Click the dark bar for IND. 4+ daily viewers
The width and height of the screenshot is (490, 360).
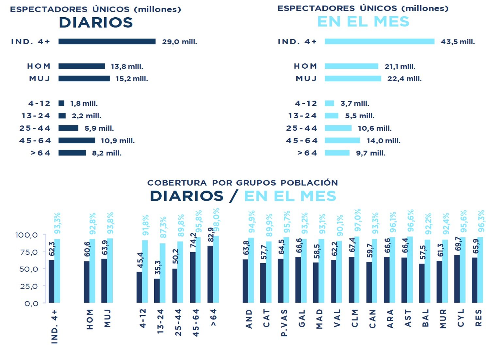(x=107, y=41)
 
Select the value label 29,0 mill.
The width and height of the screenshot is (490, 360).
(x=179, y=42)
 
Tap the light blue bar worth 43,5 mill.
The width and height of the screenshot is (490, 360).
(x=379, y=41)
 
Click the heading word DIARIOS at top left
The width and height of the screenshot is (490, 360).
(x=96, y=23)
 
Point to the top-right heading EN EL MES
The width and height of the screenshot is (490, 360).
(x=363, y=22)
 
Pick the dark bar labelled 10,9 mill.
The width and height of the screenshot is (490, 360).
(x=77, y=140)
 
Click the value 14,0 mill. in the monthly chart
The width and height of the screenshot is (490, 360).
(x=383, y=141)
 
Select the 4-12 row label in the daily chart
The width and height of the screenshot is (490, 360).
(x=39, y=104)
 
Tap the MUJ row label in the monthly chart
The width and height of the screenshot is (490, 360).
(x=306, y=79)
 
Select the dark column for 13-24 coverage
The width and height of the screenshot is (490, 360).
(x=157, y=290)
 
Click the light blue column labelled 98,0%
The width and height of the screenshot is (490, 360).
(x=216, y=269)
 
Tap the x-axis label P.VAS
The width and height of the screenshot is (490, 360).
(x=284, y=323)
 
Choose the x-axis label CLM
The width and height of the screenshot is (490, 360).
(x=355, y=319)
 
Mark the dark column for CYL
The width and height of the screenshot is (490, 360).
(x=457, y=279)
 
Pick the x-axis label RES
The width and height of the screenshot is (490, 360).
(x=478, y=319)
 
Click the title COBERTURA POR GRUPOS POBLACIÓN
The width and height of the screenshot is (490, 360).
(x=242, y=183)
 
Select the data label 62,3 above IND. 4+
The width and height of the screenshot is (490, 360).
(x=52, y=249)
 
